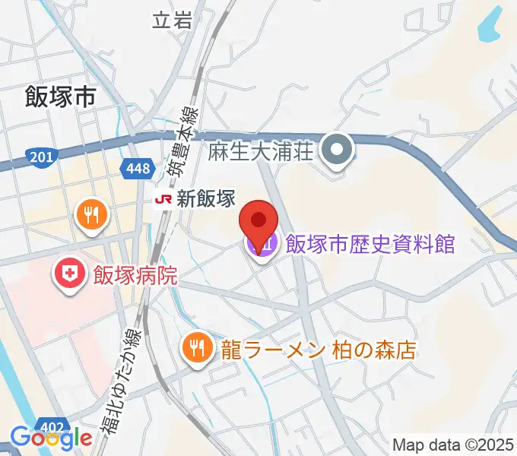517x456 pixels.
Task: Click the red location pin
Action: pyautogui.click(x=258, y=221)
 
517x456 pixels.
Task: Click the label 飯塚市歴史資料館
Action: pyautogui.click(x=370, y=244)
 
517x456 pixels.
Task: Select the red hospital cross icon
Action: pyautogui.click(x=69, y=274)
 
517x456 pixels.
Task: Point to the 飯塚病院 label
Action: pyautogui.click(x=135, y=274)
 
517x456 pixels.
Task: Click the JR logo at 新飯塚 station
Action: pyautogui.click(x=162, y=200)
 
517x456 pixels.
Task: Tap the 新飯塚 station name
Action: pyautogui.click(x=206, y=200)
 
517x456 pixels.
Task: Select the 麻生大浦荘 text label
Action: pyautogui.click(x=260, y=150)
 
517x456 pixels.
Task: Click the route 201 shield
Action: pyautogui.click(x=40, y=157)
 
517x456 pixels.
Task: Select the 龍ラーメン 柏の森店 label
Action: pyautogui.click(x=319, y=350)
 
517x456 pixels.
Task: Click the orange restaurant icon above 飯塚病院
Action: pyautogui.click(x=92, y=215)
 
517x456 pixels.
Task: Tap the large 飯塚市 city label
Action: pyautogui.click(x=60, y=97)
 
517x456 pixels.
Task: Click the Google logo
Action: pyautogui.click(x=51, y=438)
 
